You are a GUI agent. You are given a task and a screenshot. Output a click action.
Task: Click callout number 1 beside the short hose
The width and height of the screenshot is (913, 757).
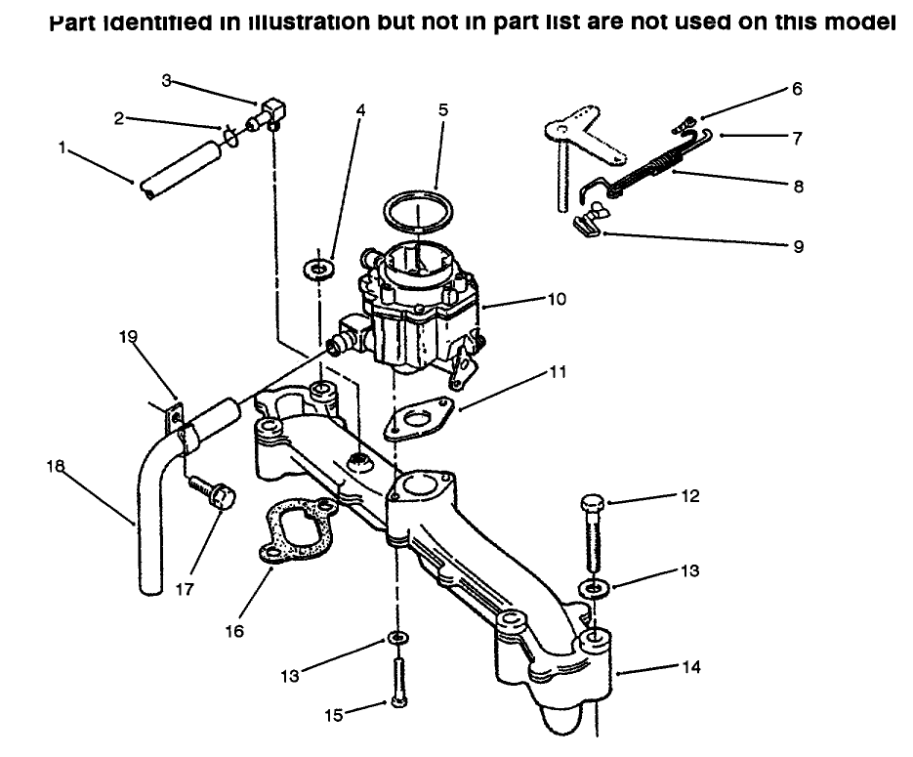[x=63, y=148]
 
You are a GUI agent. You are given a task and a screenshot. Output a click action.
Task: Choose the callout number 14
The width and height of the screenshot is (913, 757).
[x=691, y=668]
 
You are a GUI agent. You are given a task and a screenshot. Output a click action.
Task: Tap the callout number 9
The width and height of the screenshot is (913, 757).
[x=798, y=246]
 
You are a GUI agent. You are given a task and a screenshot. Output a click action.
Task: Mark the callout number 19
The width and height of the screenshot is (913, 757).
[x=129, y=337]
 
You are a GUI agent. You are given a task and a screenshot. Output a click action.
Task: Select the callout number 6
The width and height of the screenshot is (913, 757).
[x=797, y=89]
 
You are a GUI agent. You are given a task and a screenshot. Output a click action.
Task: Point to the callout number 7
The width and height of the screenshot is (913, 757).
[x=797, y=139]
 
